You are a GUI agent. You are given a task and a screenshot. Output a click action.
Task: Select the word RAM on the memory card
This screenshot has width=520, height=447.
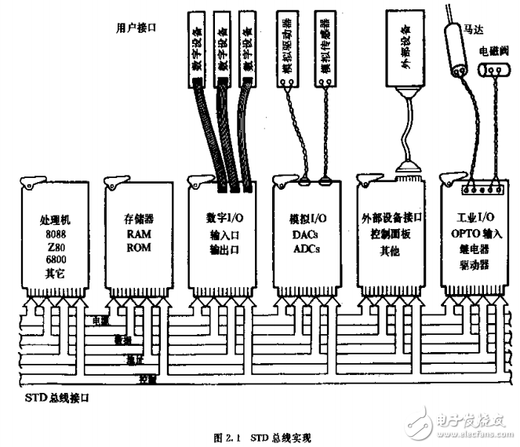[136, 234]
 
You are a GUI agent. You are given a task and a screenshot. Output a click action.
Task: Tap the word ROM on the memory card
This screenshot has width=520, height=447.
[136, 248]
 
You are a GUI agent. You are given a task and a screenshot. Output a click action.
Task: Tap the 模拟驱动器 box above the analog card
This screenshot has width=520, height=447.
[289, 56]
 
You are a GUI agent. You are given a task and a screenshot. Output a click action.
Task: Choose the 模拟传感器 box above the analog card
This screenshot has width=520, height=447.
[323, 56]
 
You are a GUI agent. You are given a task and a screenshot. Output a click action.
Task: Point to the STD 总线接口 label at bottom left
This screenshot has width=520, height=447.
[53, 398]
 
